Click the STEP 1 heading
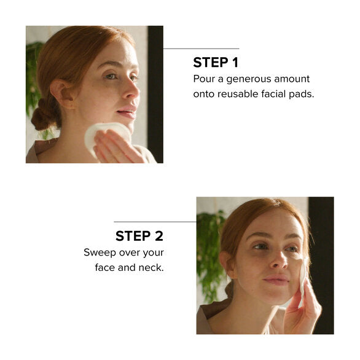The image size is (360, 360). pyautogui.click(x=216, y=63)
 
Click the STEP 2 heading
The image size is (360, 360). pyautogui.click(x=139, y=236)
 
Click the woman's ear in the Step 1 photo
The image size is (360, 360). pyautogui.click(x=63, y=93)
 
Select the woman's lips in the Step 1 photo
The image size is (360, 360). pyautogui.click(x=127, y=111)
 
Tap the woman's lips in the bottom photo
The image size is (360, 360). pyautogui.click(x=276, y=280)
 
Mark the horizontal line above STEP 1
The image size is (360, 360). pyautogui.click(x=201, y=49)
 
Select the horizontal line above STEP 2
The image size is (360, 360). pyautogui.click(x=155, y=222)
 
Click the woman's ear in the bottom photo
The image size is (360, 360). pyautogui.click(x=227, y=264)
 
